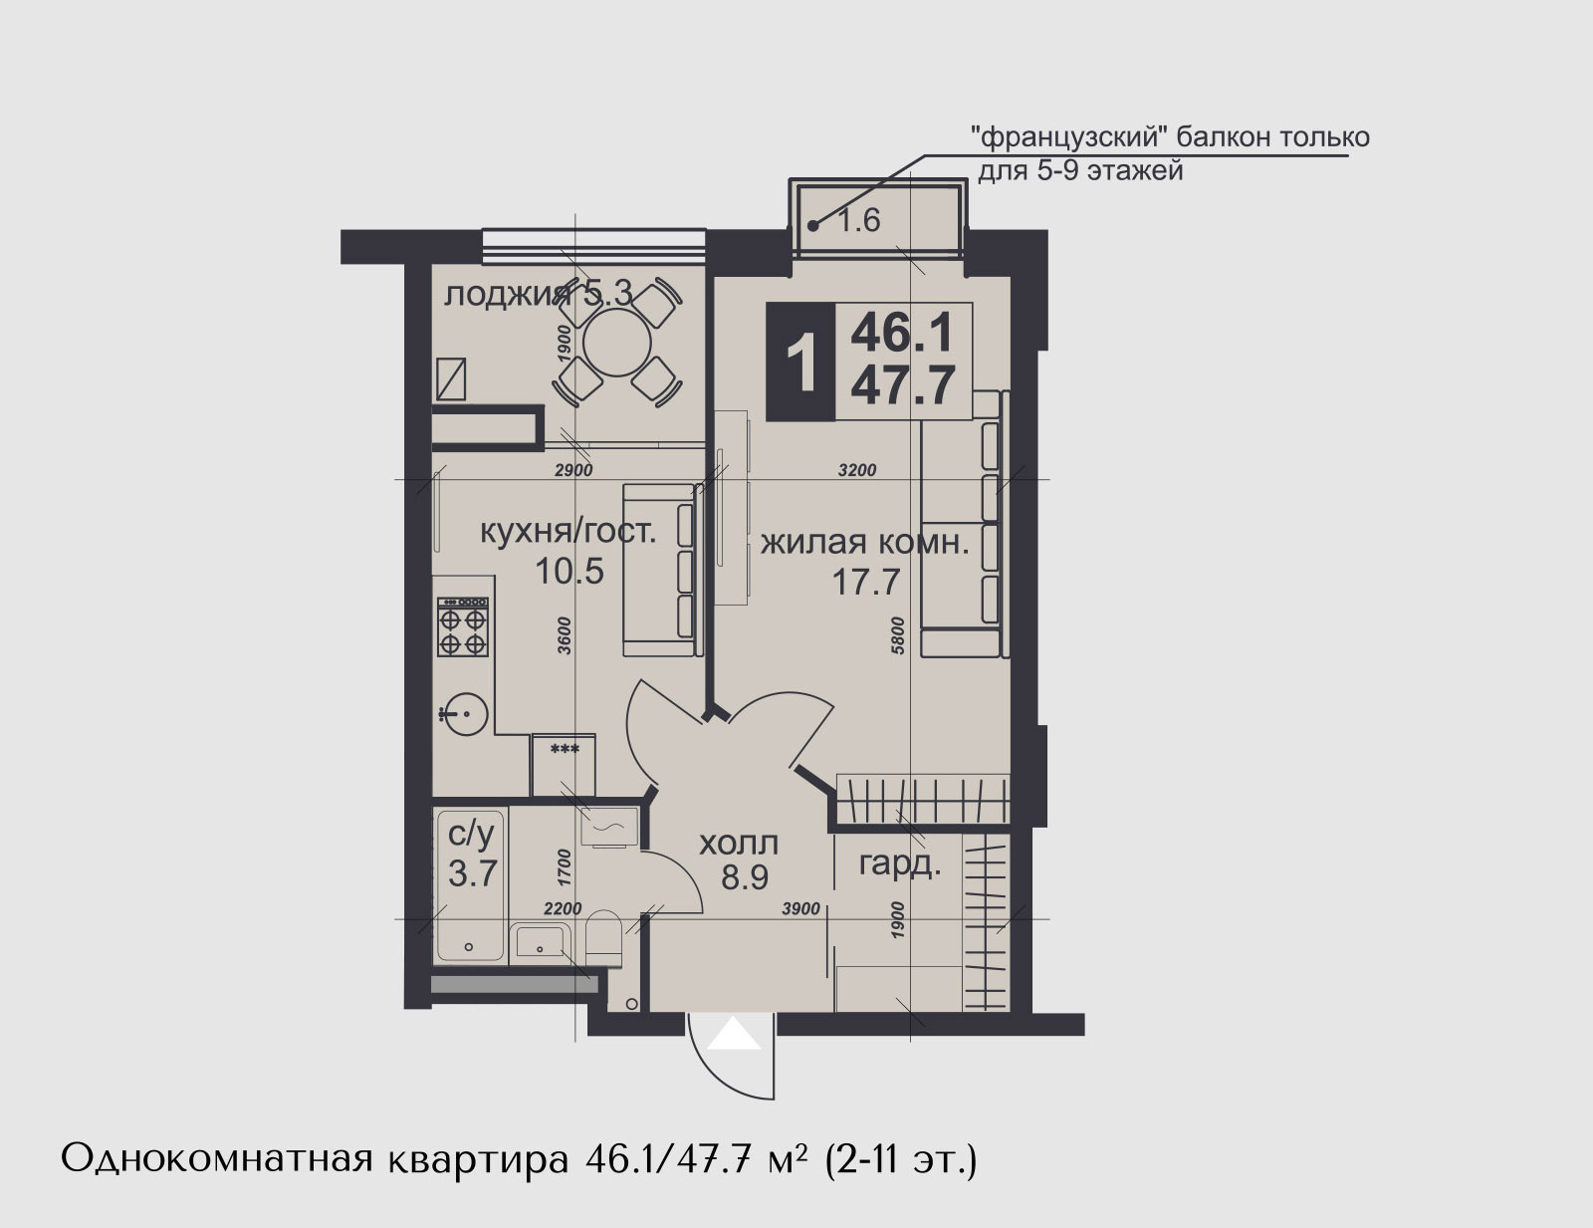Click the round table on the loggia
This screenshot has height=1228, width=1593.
pyautogui.click(x=617, y=343)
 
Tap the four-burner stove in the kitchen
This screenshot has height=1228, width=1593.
pyautogui.click(x=463, y=626)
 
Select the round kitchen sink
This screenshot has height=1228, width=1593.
pyautogui.click(x=465, y=713)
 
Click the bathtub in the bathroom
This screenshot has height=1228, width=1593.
pyautogui.click(x=470, y=885)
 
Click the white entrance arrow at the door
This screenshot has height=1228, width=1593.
pyautogui.click(x=735, y=1033)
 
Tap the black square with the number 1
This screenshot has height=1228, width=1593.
pyautogui.click(x=800, y=362)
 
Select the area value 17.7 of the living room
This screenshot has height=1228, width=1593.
pyautogui.click(x=866, y=582)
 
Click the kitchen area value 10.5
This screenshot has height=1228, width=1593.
pyautogui.click(x=569, y=571)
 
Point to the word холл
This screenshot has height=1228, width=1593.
pyautogui.click(x=738, y=844)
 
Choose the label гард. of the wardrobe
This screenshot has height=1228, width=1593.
pyautogui.click(x=899, y=865)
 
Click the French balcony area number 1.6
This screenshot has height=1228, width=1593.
pyautogui.click(x=858, y=220)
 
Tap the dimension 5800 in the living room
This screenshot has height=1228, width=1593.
pyautogui.click(x=899, y=634)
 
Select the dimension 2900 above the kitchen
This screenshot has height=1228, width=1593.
pyautogui.click(x=573, y=470)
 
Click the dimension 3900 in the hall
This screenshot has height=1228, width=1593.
pyautogui.click(x=800, y=909)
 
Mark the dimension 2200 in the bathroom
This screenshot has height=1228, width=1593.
pyautogui.click(x=563, y=909)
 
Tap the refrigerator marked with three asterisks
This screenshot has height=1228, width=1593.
pyautogui.click(x=564, y=764)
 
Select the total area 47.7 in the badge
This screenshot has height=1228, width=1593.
pyautogui.click(x=903, y=385)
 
